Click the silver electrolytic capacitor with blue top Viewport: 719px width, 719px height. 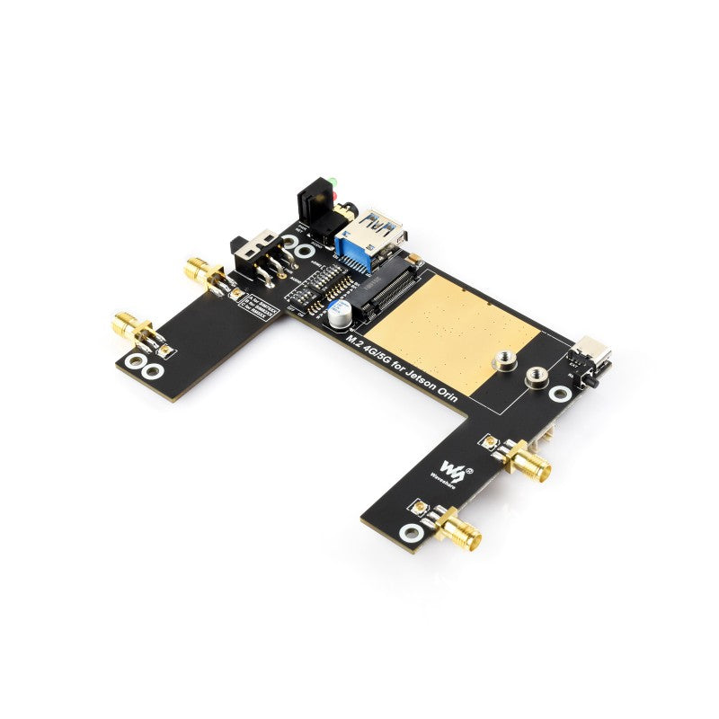coord(339,314)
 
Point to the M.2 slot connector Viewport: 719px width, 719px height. coord(387,288)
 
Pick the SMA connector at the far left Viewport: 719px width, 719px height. coord(129,326)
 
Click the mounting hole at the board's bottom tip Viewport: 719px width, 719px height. coord(412,533)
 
